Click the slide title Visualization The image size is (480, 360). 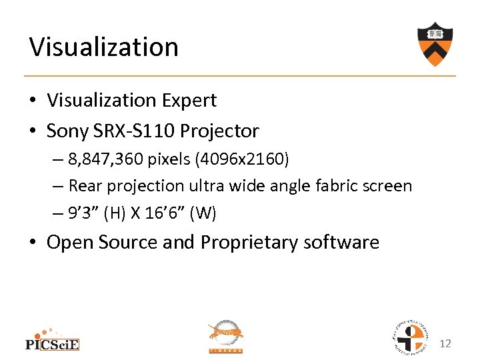(x=103, y=47)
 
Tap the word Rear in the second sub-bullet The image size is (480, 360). (x=83, y=186)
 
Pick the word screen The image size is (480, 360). (x=388, y=186)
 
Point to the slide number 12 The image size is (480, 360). (x=446, y=343)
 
